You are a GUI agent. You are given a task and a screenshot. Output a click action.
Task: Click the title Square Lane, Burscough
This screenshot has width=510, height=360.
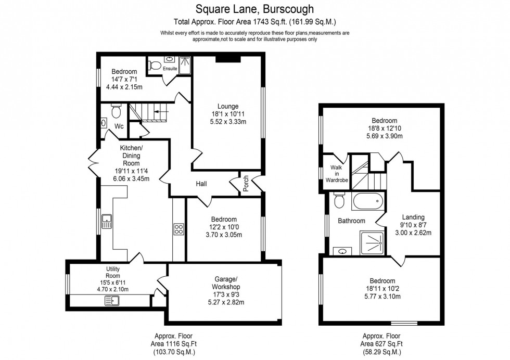click(254, 9)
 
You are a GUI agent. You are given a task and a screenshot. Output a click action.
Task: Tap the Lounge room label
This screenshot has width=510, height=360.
click(228, 106)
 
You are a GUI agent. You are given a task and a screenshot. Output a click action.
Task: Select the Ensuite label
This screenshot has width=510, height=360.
click(170, 69)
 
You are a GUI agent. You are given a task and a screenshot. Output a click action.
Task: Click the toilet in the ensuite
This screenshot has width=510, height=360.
click(155, 66)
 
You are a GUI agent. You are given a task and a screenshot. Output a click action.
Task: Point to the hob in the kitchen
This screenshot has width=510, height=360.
click(178, 229)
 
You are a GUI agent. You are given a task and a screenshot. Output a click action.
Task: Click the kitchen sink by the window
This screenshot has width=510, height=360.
click(107, 221)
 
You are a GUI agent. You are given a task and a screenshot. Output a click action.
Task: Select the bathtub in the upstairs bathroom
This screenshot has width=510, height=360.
click(368, 202)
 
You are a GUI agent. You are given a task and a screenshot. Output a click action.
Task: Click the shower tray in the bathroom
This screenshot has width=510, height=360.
click(372, 243)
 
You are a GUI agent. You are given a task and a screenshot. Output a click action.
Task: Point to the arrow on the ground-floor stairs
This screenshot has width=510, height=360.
click(161, 111)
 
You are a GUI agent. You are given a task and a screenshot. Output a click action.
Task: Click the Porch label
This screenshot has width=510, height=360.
click(246, 184)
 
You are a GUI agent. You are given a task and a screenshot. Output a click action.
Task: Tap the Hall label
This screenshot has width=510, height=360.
click(201, 184)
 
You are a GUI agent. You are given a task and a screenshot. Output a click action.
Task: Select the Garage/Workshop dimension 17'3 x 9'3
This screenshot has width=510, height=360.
click(226, 294)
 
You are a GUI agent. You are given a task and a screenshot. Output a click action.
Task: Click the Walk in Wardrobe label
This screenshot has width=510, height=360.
click(337, 174)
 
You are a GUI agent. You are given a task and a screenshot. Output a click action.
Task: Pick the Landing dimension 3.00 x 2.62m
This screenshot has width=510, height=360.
click(413, 233)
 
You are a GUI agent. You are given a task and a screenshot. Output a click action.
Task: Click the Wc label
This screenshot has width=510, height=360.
click(119, 126)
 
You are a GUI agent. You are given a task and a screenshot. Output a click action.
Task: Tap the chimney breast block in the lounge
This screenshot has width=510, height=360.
click(228, 59)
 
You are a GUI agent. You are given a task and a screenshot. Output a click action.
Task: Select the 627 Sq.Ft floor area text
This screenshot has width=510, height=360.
click(381, 344)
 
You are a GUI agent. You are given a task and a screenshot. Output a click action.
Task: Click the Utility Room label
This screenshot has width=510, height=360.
click(113, 272)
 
